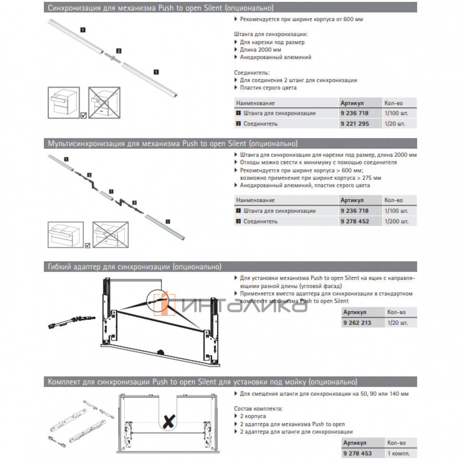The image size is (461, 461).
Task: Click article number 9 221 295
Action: point(354,124)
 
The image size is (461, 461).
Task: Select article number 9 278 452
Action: point(354,221)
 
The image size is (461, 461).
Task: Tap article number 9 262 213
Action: point(357,323)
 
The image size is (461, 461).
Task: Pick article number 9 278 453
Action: point(357,453)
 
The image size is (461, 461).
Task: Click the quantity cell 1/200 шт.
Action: point(396,221)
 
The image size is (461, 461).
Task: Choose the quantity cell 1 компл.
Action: point(398,453)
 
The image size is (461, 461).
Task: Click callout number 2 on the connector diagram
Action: point(119,51)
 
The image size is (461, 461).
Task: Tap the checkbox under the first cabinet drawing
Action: point(83,115)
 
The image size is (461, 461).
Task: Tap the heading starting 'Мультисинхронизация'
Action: point(172,144)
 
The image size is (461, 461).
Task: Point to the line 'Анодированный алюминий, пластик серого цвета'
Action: point(305,185)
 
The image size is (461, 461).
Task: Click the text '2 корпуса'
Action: point(252,416)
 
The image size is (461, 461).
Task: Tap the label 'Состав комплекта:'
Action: point(258,408)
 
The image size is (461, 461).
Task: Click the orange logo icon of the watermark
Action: point(165,303)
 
